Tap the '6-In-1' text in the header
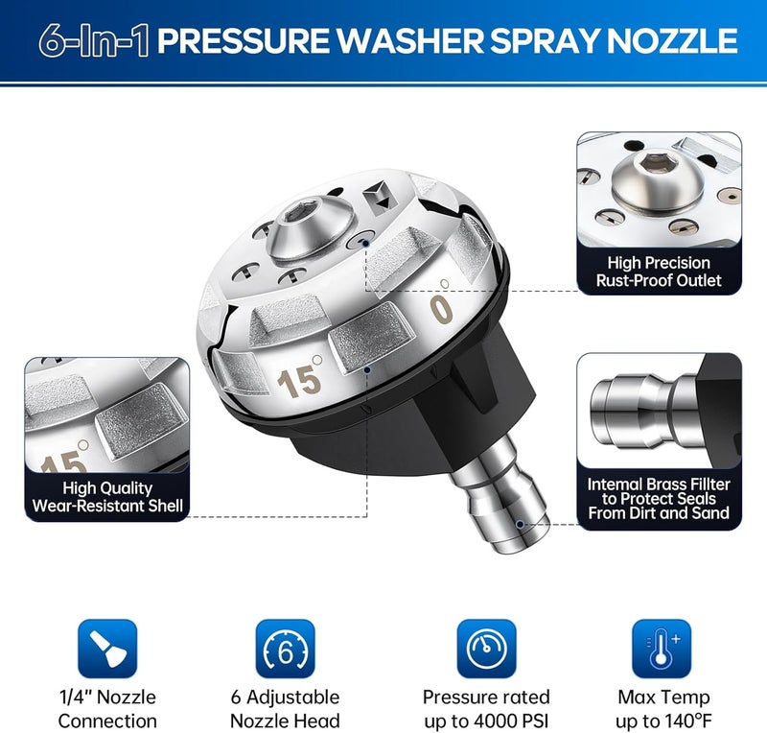[x=93, y=40]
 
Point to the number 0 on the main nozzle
[x=442, y=310]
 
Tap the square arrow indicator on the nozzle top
[x=380, y=199]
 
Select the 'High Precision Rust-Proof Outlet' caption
[x=659, y=272]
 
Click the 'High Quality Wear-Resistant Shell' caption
[x=107, y=496]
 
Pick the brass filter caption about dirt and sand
[x=659, y=499]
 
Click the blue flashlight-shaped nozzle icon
[x=107, y=649]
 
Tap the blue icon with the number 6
[x=286, y=649]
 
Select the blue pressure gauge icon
[x=486, y=649]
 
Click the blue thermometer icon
[x=662, y=649]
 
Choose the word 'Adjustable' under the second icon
[x=293, y=698]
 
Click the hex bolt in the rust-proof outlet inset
[x=658, y=177]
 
